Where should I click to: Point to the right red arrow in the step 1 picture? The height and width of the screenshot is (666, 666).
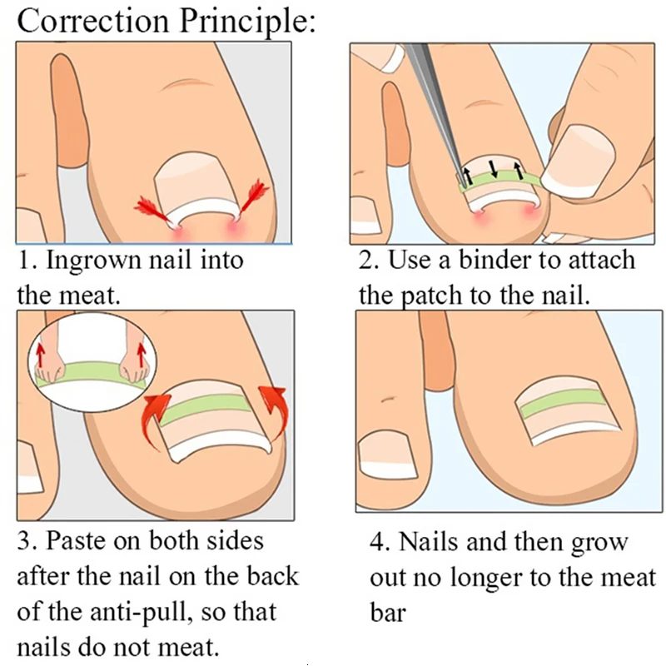tap(253, 198)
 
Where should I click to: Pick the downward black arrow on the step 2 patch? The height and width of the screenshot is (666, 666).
tap(495, 169)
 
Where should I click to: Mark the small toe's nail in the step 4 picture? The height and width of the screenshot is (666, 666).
tap(389, 455)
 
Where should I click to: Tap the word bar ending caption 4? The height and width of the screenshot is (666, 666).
tap(388, 614)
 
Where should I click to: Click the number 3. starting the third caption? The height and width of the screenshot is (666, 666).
tap(27, 541)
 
